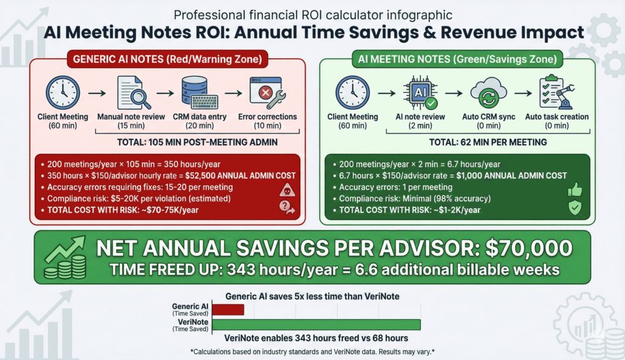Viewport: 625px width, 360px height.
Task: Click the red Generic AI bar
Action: (x=226, y=309)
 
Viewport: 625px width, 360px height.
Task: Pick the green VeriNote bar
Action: (x=316, y=325)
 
